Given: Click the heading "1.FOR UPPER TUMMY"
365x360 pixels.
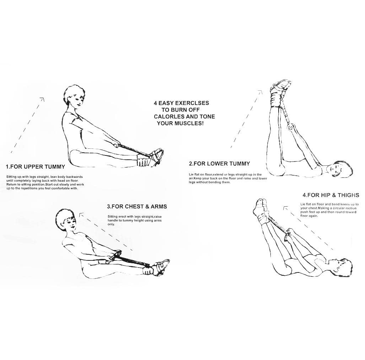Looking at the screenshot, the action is click(36, 167).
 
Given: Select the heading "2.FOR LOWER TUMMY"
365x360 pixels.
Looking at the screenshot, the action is click(219, 164).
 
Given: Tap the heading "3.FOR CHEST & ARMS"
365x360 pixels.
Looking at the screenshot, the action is click(137, 207).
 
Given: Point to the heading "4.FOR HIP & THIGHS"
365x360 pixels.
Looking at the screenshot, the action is click(331, 195).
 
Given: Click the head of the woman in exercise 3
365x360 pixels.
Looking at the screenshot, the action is click(66, 219).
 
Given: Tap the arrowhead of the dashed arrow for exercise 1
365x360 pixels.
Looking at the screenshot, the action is click(42, 99).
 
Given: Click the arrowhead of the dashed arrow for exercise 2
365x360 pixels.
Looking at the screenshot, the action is click(260, 92).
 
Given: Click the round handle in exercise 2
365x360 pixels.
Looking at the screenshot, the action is click(290, 128).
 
